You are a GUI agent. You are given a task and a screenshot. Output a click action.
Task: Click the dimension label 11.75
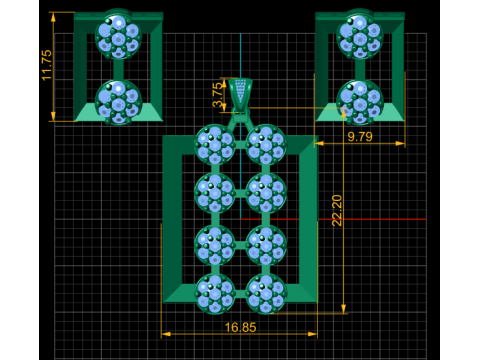pos(47,65)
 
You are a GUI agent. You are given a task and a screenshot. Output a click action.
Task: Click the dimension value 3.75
pos(217,95)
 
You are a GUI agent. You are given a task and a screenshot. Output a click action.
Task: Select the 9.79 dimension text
pos(360,136)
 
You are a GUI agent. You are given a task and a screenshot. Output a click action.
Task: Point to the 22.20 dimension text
pos(337,210)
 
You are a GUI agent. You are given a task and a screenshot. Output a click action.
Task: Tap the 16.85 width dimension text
pos(240,327)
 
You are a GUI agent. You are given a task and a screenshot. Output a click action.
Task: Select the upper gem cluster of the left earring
pos(118,37)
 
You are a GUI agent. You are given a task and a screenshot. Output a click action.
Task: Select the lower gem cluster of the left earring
pos(118,102)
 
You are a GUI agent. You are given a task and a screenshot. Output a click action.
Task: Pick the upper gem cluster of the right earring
pos(360,37)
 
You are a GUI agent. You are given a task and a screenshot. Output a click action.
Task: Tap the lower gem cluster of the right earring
pos(360,102)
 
